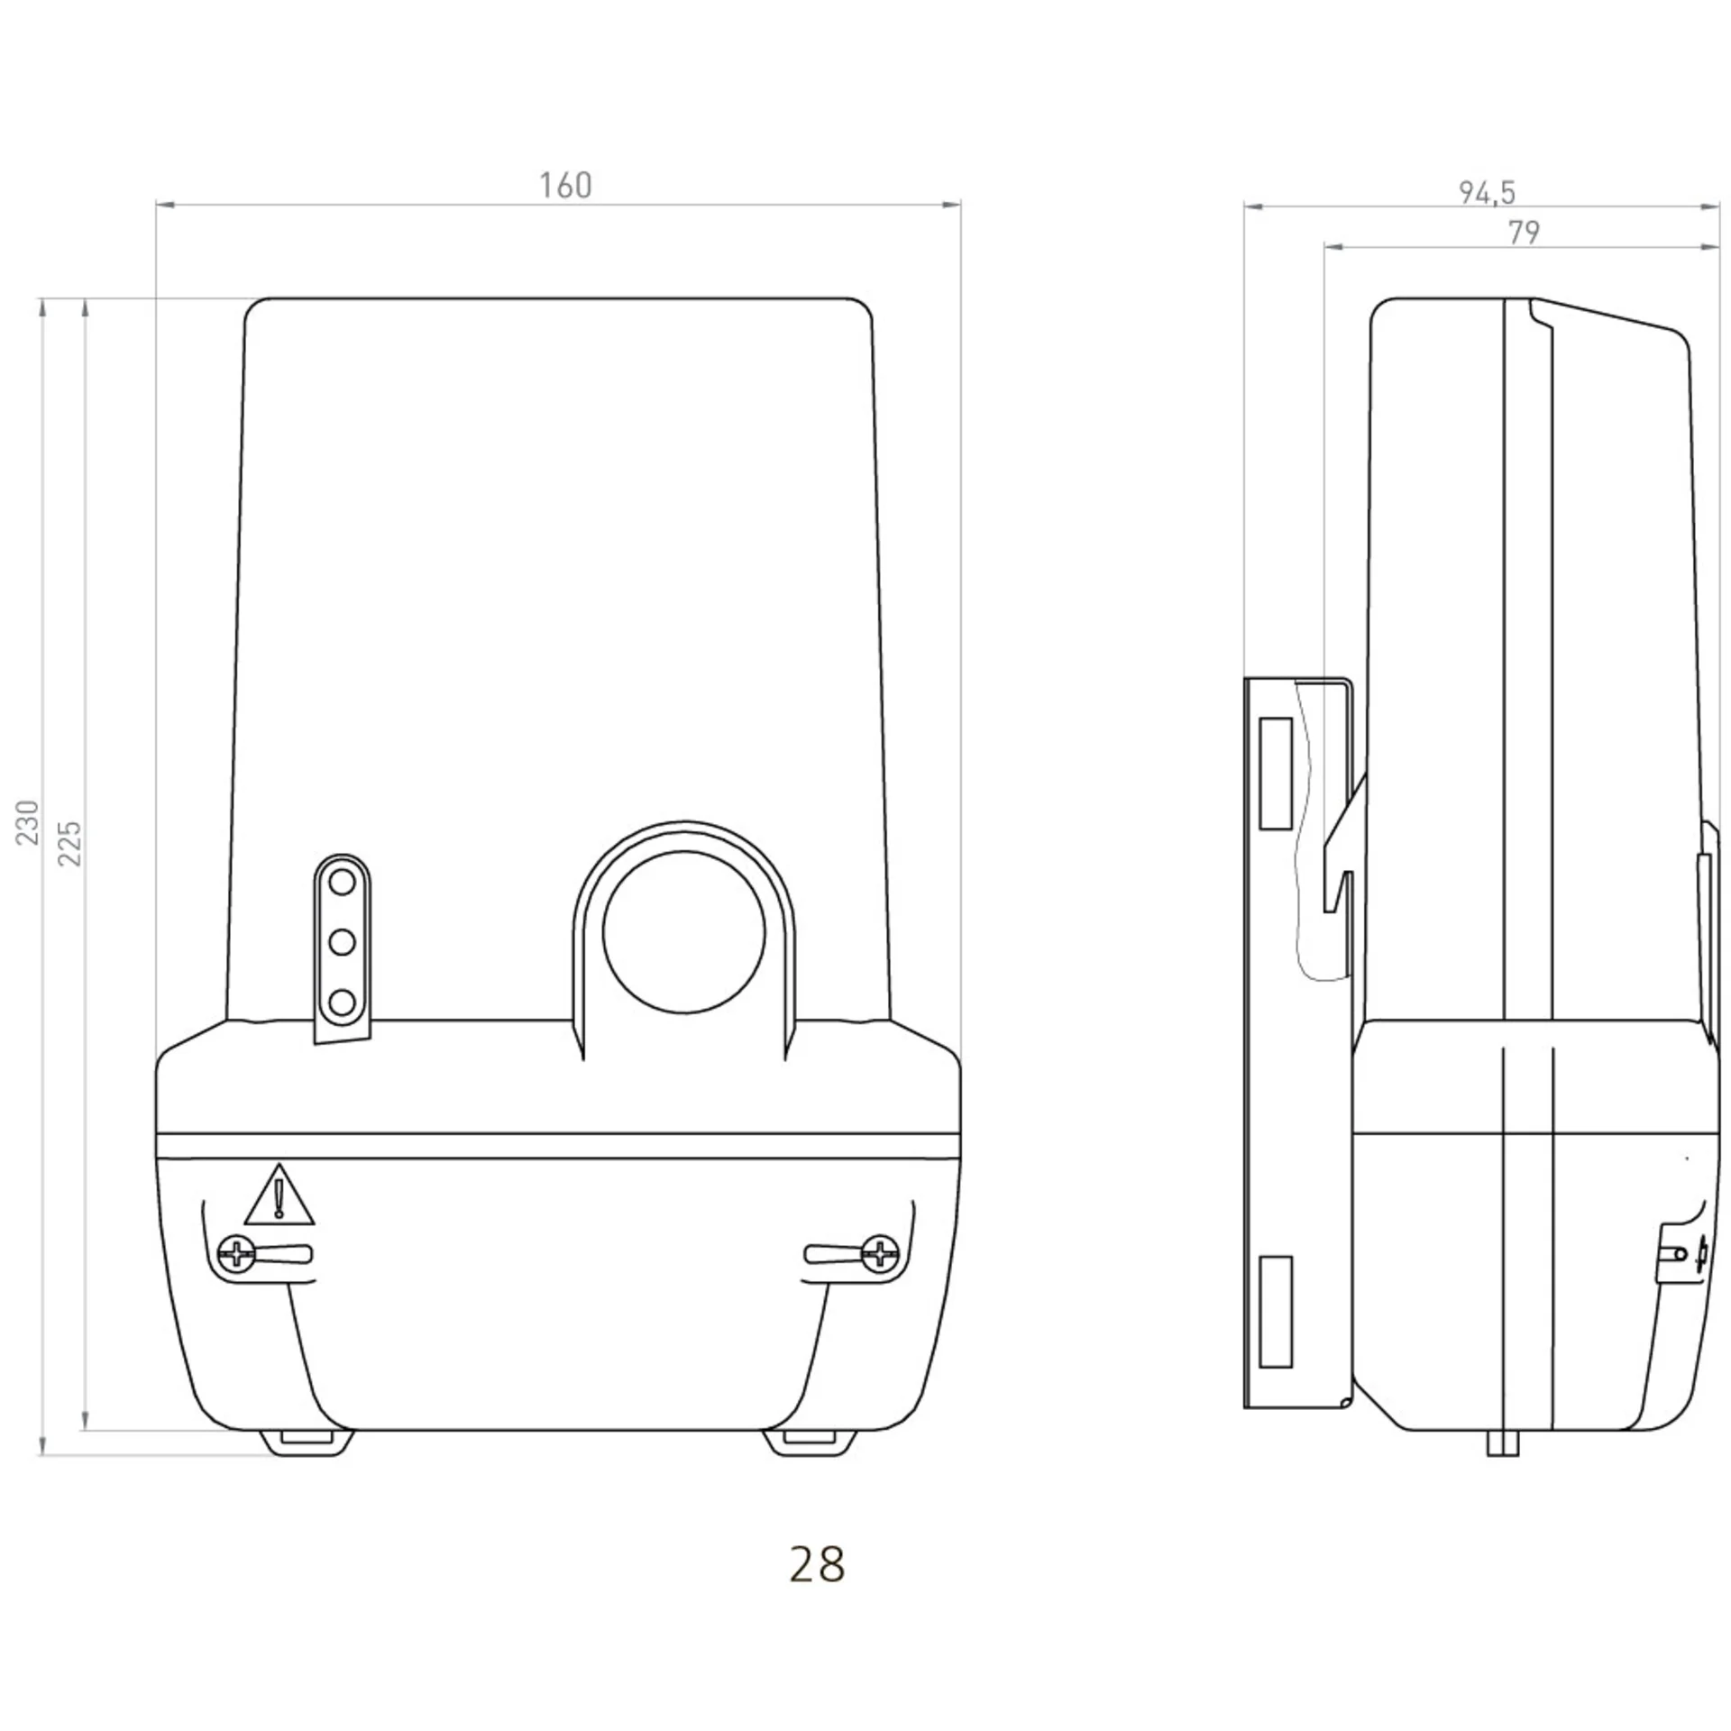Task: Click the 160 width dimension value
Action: tap(565, 186)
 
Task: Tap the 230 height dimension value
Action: tap(29, 821)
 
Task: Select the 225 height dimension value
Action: tap(70, 843)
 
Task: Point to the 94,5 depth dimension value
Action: tap(1488, 193)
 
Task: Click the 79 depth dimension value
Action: tap(1524, 233)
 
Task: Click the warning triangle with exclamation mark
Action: tap(279, 1195)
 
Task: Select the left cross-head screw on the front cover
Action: tap(237, 1253)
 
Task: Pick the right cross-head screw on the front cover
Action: tap(880, 1253)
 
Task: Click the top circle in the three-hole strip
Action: tap(342, 883)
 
